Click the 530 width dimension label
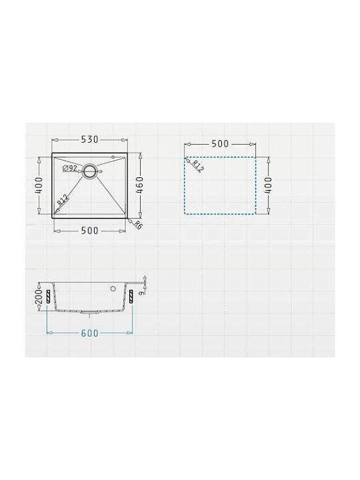point(90,140)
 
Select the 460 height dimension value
point(139,186)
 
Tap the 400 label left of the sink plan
point(39,186)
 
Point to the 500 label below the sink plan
point(90,230)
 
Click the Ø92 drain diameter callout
point(70,168)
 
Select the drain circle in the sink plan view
point(90,170)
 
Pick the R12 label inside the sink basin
point(63,200)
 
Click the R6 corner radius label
point(138,225)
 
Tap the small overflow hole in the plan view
point(113,157)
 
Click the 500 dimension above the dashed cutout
point(220,143)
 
